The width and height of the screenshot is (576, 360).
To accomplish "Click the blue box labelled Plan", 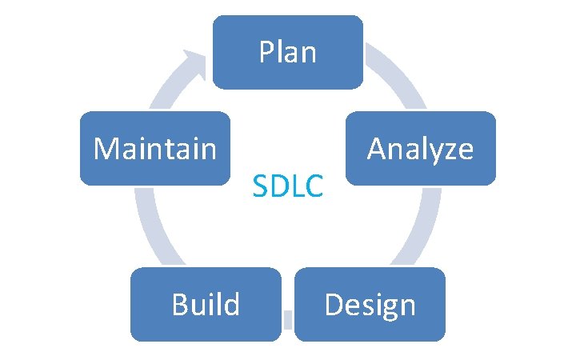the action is point(288,52).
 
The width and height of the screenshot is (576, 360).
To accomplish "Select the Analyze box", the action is point(421,148).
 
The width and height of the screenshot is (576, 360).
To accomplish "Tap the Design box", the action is point(370,304).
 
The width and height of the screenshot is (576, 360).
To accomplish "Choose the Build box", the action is point(206,304).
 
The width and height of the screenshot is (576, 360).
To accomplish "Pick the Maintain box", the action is point(155,148).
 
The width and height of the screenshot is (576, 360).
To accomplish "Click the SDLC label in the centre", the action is point(288,187).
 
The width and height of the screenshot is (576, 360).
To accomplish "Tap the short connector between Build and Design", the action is point(289,321).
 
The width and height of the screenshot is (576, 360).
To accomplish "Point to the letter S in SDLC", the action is point(258,187).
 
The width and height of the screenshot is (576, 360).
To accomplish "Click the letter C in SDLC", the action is point(315,187).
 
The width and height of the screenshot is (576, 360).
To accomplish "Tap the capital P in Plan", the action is point(265,53).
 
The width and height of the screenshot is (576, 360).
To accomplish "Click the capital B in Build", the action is point(179,304).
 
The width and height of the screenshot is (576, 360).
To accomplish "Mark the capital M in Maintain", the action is point(104,148).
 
